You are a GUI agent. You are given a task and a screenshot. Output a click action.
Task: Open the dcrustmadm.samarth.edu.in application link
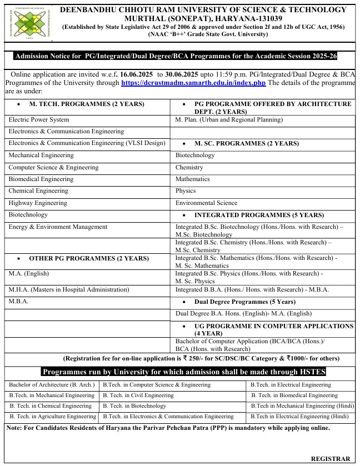[x=193, y=83]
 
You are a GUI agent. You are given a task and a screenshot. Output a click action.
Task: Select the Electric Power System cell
[x=39, y=120]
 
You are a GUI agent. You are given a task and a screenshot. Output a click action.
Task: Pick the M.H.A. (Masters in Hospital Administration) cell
[x=68, y=289]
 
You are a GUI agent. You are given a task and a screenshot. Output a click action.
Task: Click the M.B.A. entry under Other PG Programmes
[x=18, y=302]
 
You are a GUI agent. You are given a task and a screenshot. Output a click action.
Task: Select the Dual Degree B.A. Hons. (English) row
[x=236, y=314]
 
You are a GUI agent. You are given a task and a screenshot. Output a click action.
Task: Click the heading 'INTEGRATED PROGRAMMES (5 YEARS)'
[x=259, y=215]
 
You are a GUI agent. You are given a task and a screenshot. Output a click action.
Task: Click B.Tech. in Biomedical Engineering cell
[x=294, y=395]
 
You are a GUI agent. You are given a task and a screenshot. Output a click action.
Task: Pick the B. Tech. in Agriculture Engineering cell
[x=53, y=417]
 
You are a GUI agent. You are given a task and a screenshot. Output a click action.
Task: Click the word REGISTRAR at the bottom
[x=331, y=459]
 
